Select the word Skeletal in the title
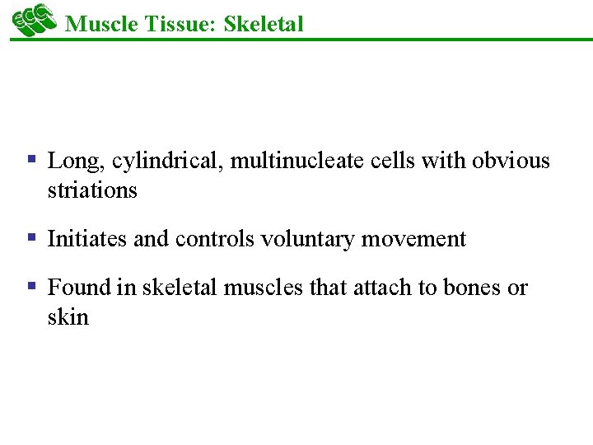click(x=263, y=24)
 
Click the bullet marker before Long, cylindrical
click(x=30, y=159)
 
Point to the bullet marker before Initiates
click(x=30, y=238)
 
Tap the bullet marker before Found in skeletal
click(x=30, y=286)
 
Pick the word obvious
click(x=511, y=160)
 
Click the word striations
click(x=92, y=190)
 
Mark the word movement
click(x=421, y=240)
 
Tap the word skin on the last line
click(x=68, y=317)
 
